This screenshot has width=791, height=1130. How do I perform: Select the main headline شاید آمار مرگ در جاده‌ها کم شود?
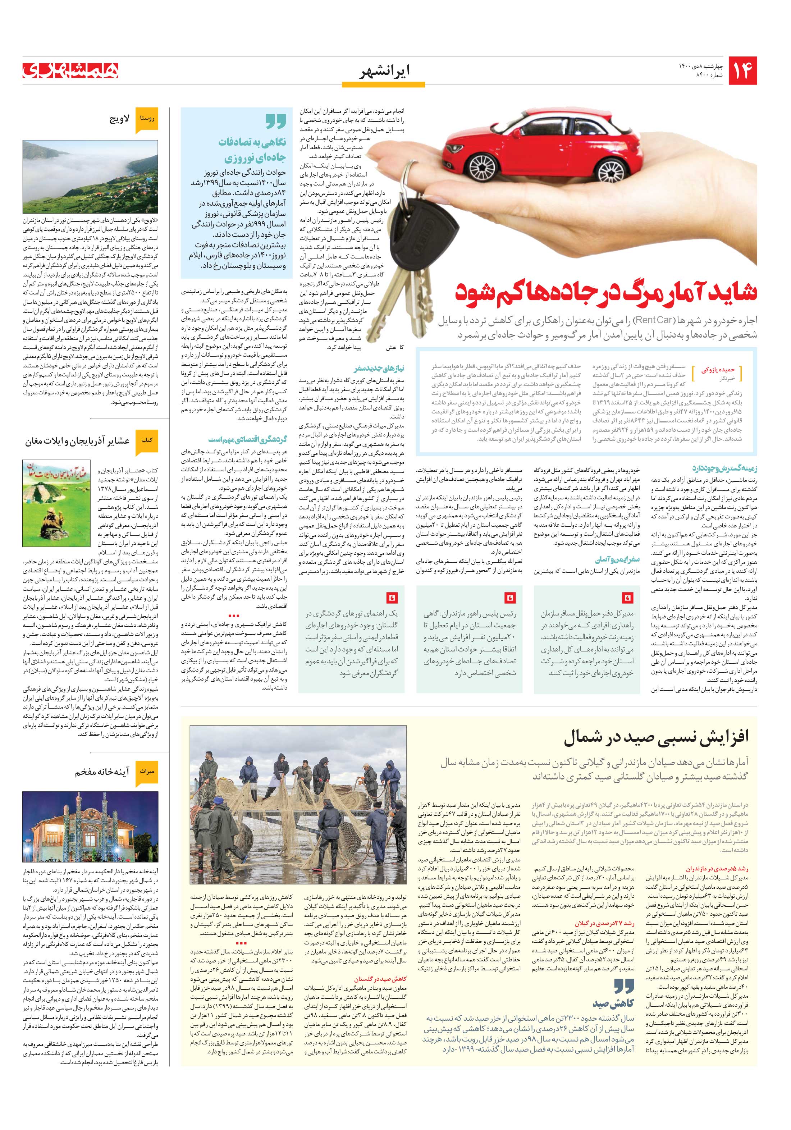pyautogui.click(x=605, y=291)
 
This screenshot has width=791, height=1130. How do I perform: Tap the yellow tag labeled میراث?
pyautogui.click(x=147, y=772)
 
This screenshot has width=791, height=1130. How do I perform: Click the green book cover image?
pyautogui.click(x=56, y=503)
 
